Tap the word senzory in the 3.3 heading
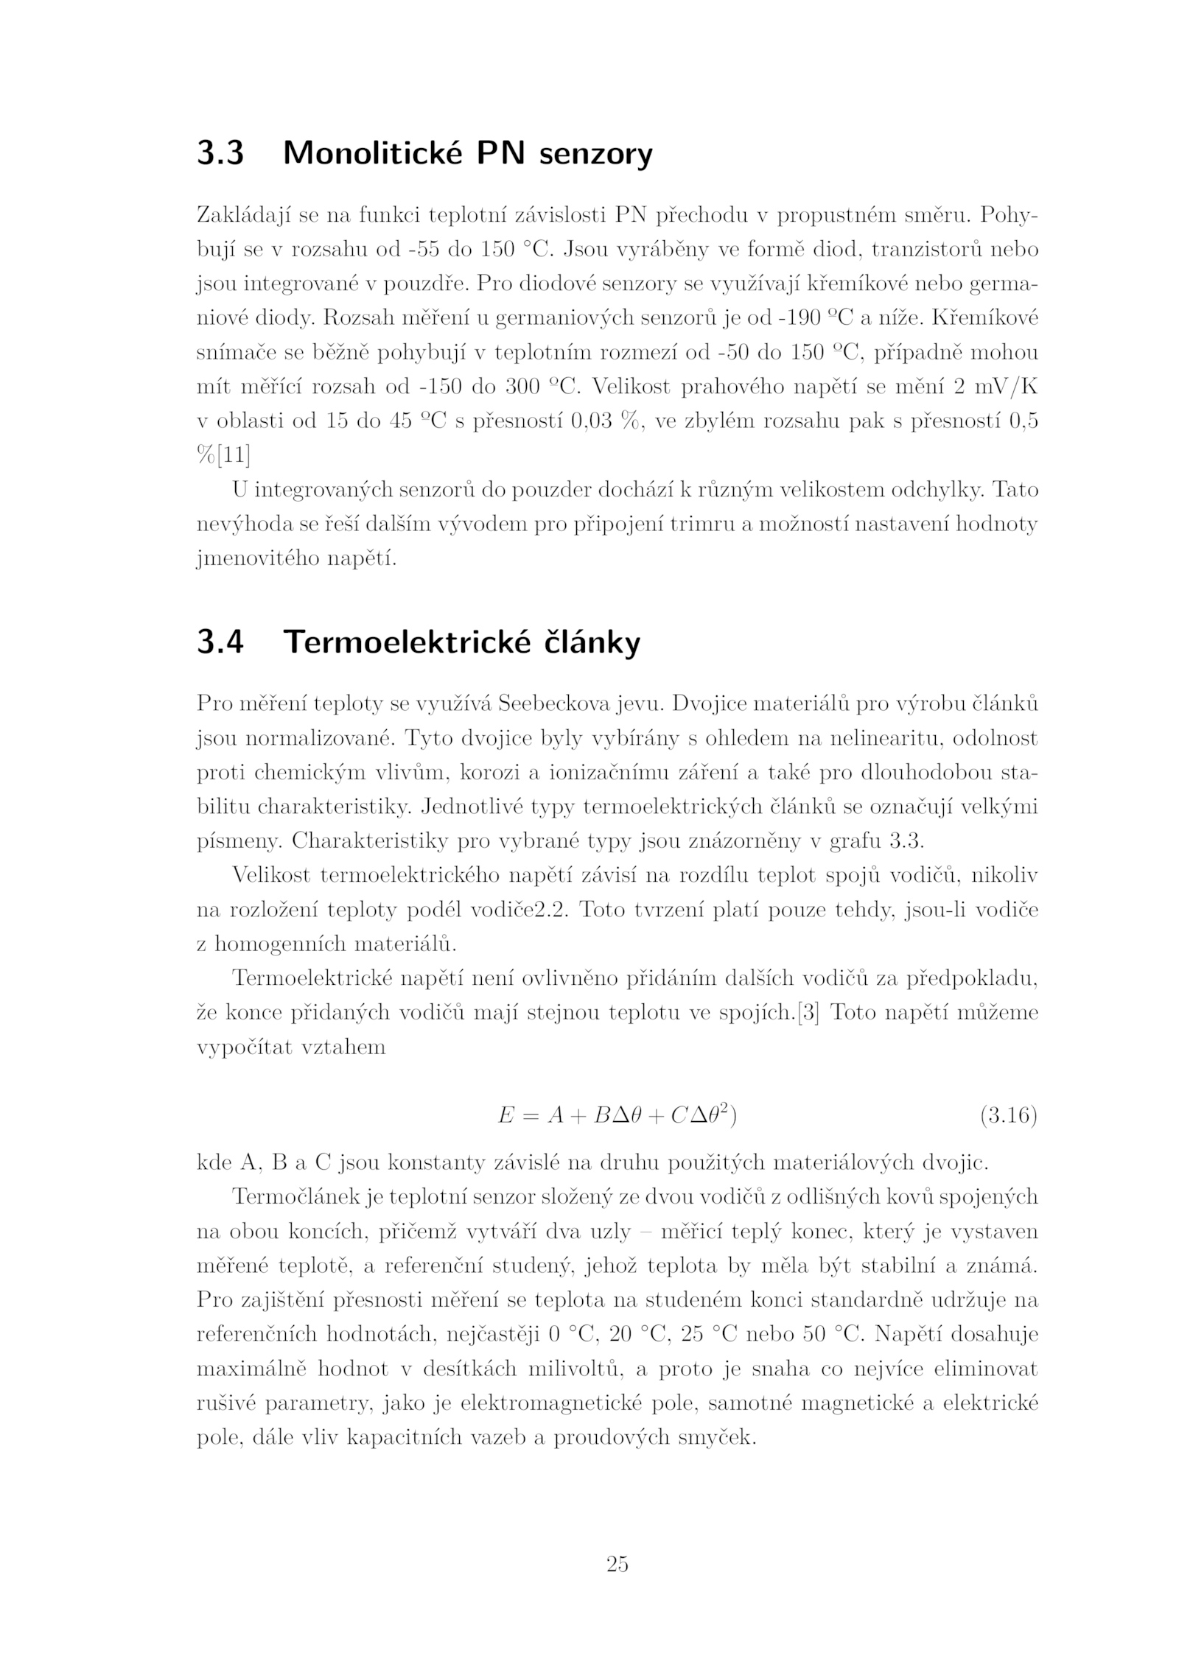coord(595,155)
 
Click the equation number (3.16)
coord(1007,1116)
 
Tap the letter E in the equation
coord(505,1116)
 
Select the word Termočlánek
coord(297,1196)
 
